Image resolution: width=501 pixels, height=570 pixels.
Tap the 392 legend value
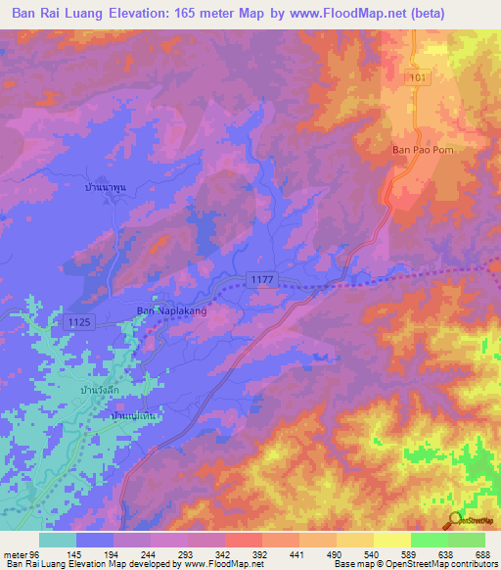pyautogui.click(x=257, y=554)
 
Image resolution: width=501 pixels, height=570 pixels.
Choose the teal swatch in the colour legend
pyautogui.click(x=57, y=540)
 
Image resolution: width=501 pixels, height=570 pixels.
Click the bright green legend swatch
pyautogui.click(x=429, y=540)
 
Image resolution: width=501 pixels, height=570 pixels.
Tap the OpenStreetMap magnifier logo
pyautogui.click(x=454, y=519)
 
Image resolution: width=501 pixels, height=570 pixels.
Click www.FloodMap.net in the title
pyautogui.click(x=329, y=14)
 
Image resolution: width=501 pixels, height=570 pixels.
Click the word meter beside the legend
pyautogui.click(x=14, y=554)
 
